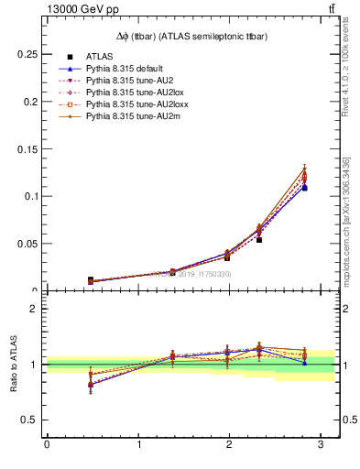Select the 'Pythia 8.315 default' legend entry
coord(125,69)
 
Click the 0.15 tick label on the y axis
coord(27,148)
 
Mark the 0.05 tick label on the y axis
coord(27,244)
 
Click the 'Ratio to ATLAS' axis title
coord(15,365)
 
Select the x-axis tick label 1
coord(138,446)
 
